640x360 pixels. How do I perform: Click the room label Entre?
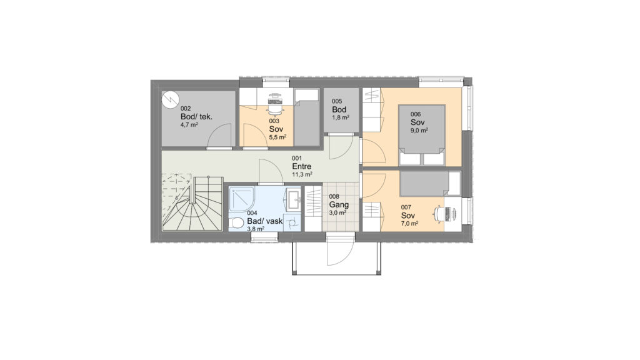(302, 166)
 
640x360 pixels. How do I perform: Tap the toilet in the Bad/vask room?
(236, 224)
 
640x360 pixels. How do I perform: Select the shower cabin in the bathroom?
(242, 199)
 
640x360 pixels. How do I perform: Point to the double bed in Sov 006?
(422, 135)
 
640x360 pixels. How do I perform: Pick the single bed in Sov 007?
(431, 183)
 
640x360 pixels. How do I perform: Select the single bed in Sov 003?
(306, 117)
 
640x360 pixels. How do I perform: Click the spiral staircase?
(192, 203)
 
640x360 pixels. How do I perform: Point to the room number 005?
(337, 101)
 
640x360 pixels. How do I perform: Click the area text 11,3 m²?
(302, 174)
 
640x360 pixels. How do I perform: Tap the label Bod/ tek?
(196, 117)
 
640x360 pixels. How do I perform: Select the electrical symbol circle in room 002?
(170, 99)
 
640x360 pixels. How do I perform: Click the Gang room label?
(339, 204)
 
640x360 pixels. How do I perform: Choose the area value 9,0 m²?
(419, 131)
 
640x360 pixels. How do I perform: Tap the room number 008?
(334, 197)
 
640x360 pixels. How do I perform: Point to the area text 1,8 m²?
(341, 117)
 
